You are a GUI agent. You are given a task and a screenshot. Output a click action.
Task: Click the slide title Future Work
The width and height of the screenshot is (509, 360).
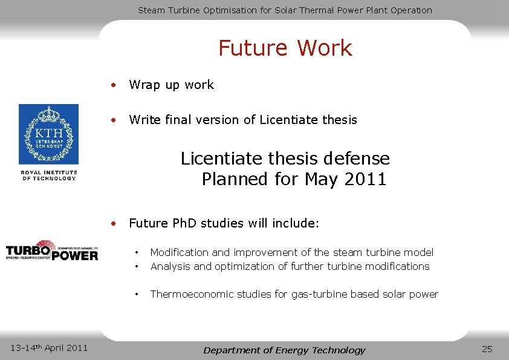coord(285,48)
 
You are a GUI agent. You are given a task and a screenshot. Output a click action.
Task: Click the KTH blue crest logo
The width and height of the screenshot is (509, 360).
coord(48,134)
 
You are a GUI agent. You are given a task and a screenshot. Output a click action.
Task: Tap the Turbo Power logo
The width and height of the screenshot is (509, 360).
coord(51,250)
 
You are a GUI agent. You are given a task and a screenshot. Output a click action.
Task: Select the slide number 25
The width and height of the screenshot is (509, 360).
coord(487,349)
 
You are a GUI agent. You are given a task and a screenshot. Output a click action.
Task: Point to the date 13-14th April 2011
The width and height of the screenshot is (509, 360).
coord(50,347)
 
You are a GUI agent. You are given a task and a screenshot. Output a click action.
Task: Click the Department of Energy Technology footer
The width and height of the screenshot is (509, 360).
coord(284,350)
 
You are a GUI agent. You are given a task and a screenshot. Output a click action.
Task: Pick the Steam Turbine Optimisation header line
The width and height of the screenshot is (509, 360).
coord(285,10)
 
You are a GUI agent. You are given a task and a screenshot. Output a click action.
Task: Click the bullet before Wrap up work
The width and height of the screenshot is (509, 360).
coord(113,85)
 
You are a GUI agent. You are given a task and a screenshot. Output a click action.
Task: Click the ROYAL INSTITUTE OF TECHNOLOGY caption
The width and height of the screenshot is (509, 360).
coord(49,175)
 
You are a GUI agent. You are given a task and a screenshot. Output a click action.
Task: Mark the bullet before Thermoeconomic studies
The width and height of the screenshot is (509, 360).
coord(138,294)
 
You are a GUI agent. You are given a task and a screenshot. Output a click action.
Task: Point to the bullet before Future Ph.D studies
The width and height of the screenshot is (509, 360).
coord(113,223)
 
